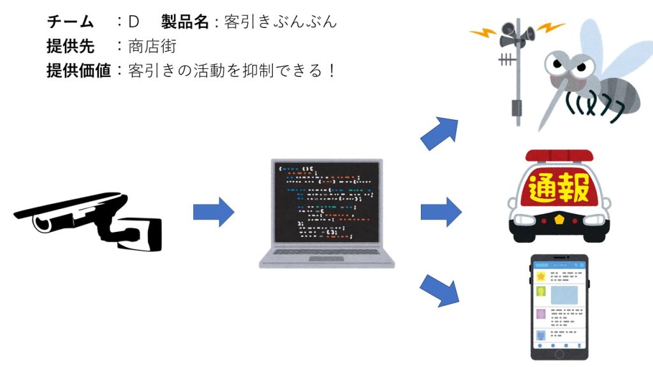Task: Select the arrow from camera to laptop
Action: pyautogui.click(x=214, y=212)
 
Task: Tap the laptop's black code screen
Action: pyautogui.click(x=327, y=202)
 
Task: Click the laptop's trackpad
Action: pyautogui.click(x=326, y=259)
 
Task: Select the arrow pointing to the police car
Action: pyautogui.click(x=441, y=212)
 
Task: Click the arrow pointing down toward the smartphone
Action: pyautogui.click(x=440, y=291)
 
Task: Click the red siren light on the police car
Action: pyautogui.click(x=559, y=155)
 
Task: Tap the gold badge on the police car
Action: pyautogui.click(x=559, y=219)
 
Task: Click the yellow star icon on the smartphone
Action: pyautogui.click(x=541, y=277)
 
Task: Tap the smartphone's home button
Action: pyautogui.click(x=559, y=354)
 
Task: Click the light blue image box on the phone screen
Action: pyautogui.click(x=564, y=296)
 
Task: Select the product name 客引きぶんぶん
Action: pyautogui.click(x=281, y=22)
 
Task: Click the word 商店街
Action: pyautogui.click(x=152, y=46)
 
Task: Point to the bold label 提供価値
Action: pyautogui.click(x=78, y=71)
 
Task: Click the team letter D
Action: pyautogui.click(x=133, y=22)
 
